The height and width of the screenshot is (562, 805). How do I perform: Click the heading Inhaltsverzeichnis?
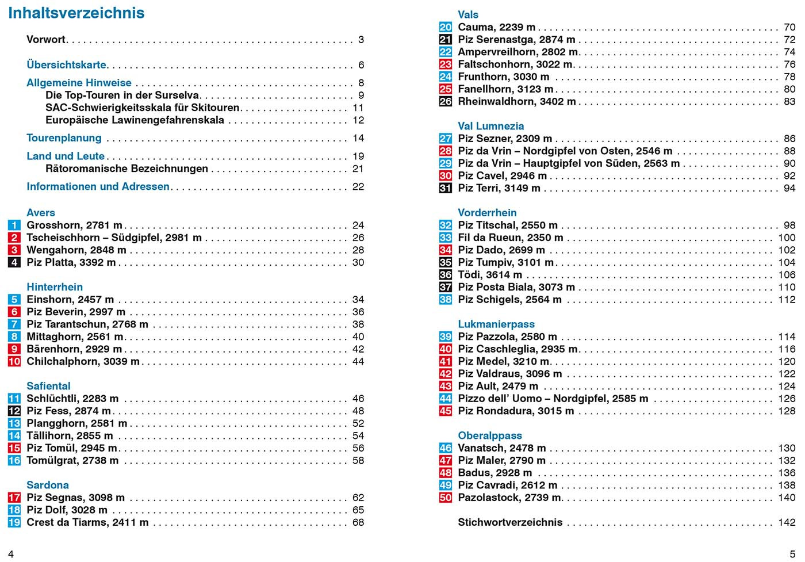[x=76, y=13]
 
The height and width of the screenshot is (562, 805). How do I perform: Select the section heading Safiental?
[x=48, y=386]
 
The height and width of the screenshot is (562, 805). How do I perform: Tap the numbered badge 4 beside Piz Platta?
[x=14, y=262]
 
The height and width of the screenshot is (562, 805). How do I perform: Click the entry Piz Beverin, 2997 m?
[x=75, y=312]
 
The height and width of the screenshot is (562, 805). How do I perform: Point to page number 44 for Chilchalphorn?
[x=358, y=361]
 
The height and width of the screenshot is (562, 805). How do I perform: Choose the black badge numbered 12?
[x=14, y=411]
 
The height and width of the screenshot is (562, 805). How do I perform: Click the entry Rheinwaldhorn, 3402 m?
[x=516, y=101]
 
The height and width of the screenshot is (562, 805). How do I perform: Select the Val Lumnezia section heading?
[x=490, y=126]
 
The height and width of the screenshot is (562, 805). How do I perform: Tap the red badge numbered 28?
[x=446, y=151]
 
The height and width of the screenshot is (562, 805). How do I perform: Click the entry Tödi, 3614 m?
[x=490, y=274]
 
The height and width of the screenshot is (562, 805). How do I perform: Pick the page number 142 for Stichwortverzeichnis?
[x=787, y=522]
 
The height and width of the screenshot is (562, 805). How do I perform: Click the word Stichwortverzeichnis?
[x=510, y=522]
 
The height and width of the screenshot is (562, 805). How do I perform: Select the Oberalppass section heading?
[x=489, y=435]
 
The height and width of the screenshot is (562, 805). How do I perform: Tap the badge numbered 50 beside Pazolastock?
[x=446, y=498]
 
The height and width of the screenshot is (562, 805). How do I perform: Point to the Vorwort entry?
[x=46, y=40]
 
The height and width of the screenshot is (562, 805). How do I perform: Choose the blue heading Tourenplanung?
[x=64, y=138]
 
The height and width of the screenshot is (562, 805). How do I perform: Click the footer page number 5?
[x=792, y=554]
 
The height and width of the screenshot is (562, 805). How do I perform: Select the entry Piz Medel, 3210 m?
[x=504, y=361]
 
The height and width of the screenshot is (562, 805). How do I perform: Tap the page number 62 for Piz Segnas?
[x=358, y=498]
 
